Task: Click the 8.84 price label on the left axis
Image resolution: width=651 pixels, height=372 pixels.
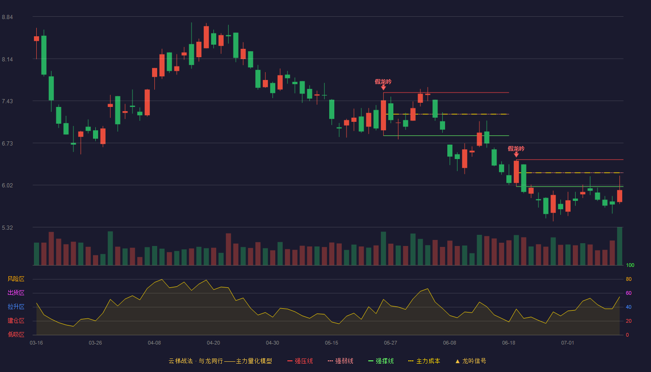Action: pyautogui.click(x=7, y=17)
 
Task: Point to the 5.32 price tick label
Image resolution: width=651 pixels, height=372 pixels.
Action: pyautogui.click(x=7, y=227)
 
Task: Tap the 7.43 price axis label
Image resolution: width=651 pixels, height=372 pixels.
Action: pyautogui.click(x=7, y=101)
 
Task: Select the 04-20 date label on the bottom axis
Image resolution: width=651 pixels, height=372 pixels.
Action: pyautogui.click(x=213, y=343)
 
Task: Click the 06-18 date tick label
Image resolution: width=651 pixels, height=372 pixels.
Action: pyautogui.click(x=509, y=343)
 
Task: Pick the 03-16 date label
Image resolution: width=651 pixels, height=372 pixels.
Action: pyautogui.click(x=36, y=343)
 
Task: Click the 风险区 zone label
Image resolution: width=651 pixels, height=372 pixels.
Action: pyautogui.click(x=16, y=279)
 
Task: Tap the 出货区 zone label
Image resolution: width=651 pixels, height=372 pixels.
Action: pyautogui.click(x=16, y=292)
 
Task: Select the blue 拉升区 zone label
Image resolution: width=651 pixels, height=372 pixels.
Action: pyautogui.click(x=16, y=306)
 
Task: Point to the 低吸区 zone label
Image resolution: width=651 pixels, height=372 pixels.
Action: pyautogui.click(x=16, y=334)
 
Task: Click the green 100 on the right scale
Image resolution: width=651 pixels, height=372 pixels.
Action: pyautogui.click(x=630, y=265)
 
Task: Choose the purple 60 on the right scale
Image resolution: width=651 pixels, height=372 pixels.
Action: pyautogui.click(x=629, y=293)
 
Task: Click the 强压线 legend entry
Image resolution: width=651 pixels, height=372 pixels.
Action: pyautogui.click(x=300, y=361)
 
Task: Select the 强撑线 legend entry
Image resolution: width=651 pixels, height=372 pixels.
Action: pyautogui.click(x=381, y=361)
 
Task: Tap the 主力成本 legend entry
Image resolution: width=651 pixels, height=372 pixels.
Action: pyautogui.click(x=424, y=361)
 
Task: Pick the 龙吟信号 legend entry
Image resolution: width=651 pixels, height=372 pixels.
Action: pyautogui.click(x=471, y=361)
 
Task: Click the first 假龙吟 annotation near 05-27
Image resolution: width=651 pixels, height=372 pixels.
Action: pyautogui.click(x=383, y=82)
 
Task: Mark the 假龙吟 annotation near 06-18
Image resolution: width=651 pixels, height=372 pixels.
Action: pyautogui.click(x=516, y=149)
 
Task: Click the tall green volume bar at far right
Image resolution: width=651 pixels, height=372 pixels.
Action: pyautogui.click(x=619, y=246)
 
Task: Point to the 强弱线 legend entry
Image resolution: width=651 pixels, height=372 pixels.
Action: pyautogui.click(x=340, y=361)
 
